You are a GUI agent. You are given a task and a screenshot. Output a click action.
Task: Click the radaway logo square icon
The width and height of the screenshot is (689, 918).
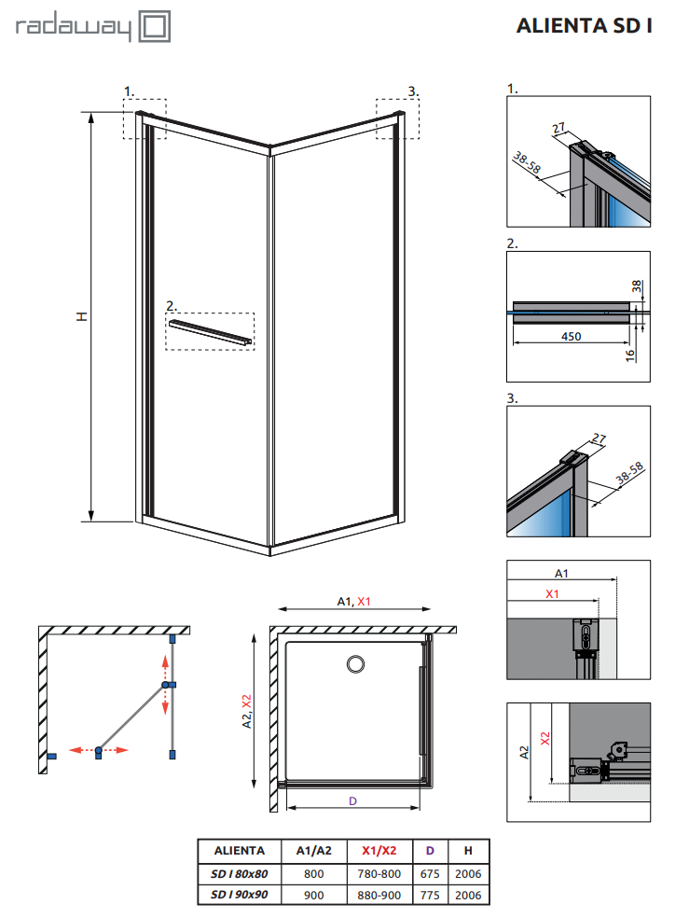click(x=155, y=26)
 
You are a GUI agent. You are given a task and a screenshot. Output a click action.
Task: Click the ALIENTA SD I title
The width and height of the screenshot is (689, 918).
click(x=584, y=26)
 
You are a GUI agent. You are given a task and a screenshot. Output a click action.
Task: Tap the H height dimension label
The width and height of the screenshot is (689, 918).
click(x=82, y=316)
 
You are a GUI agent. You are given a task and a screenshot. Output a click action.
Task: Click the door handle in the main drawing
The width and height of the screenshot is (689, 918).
click(x=211, y=332)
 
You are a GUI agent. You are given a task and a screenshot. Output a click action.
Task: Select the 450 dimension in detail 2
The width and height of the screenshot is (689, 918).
click(x=571, y=337)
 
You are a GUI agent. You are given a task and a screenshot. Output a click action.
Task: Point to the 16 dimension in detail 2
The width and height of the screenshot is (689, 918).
click(x=630, y=355)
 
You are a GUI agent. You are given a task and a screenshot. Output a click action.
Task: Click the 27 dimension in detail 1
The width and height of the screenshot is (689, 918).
click(x=558, y=128)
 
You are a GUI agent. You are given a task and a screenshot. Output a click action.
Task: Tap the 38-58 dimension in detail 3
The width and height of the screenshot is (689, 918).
click(x=629, y=473)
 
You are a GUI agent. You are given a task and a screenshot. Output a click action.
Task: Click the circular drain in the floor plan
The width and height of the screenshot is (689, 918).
click(x=355, y=664)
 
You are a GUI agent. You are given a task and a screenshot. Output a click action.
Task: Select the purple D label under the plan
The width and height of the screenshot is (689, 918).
click(x=352, y=800)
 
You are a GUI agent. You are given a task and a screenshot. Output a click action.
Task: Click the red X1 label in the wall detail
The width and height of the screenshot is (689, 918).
click(x=552, y=593)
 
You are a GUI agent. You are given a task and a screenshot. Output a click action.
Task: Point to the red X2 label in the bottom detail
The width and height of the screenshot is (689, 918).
click(x=545, y=739)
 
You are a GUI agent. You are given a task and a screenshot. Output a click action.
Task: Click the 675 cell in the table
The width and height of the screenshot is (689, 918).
click(x=430, y=873)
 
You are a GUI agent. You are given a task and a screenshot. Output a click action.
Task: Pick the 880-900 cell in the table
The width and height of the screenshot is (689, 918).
click(x=379, y=896)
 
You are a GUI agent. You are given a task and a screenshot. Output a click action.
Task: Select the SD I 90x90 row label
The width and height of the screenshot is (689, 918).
click(x=240, y=895)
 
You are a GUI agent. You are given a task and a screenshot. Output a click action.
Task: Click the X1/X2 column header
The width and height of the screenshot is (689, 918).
click(x=379, y=851)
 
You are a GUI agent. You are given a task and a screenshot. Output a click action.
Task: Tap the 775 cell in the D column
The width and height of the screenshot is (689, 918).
click(x=430, y=896)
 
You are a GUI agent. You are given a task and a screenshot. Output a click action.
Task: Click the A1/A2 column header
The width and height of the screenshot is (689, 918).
click(x=313, y=851)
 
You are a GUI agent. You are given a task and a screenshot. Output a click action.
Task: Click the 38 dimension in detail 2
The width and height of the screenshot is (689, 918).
click(x=637, y=286)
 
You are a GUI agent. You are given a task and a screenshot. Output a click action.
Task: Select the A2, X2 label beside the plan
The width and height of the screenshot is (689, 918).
click(x=247, y=711)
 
